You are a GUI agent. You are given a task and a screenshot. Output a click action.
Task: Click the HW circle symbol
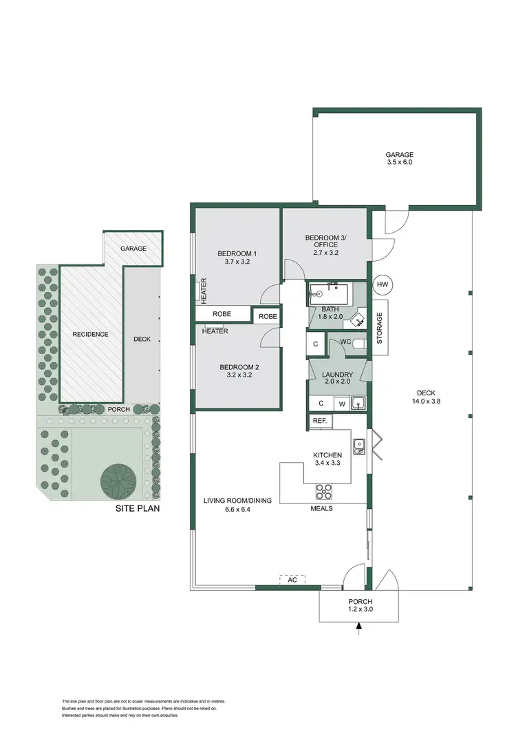[383, 284]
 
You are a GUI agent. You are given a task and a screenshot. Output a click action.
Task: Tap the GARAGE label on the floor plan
[399, 155]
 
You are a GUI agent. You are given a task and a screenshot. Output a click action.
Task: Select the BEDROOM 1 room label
[237, 253]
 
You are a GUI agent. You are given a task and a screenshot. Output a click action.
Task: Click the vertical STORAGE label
[379, 328]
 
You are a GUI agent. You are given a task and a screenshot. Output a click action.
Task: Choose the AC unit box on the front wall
[292, 580]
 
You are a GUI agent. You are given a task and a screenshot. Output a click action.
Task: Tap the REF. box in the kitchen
[320, 421]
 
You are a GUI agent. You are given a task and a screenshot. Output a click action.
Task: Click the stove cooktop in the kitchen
[324, 492]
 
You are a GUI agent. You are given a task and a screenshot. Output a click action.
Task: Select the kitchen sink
[358, 447]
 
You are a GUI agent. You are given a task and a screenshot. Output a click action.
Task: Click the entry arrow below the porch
[358, 626]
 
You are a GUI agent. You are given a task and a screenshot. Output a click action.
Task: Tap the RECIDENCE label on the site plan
[91, 335]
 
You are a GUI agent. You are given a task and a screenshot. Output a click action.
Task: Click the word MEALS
[321, 509]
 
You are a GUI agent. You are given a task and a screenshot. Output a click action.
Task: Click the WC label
[345, 342]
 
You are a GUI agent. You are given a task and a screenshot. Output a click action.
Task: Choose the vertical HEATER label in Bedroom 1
[204, 291]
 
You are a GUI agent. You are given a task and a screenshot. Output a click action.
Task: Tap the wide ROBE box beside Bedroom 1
[222, 314]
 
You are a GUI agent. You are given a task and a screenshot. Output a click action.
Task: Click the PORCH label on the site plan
[119, 409]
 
